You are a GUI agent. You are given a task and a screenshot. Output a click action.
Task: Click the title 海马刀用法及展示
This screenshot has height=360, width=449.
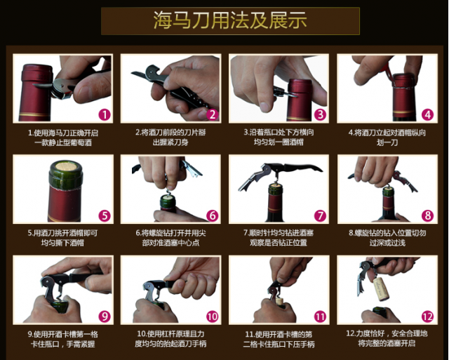230,20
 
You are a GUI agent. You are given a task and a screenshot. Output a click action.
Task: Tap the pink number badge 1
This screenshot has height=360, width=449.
105,115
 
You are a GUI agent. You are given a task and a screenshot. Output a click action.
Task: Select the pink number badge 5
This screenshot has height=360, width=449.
105,215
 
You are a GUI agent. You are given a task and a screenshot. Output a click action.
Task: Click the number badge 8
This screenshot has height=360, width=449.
428,215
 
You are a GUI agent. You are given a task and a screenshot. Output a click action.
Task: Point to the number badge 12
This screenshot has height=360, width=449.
427,316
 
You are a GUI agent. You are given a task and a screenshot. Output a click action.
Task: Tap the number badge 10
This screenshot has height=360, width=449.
212,316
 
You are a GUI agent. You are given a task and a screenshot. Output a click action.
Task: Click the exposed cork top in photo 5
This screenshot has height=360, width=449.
65,166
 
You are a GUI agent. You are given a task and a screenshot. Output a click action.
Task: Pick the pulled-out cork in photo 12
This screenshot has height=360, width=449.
381,288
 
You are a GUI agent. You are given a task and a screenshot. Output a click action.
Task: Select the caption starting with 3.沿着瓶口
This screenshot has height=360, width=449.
279,137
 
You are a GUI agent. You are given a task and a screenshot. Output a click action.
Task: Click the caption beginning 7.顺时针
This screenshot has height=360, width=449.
279,238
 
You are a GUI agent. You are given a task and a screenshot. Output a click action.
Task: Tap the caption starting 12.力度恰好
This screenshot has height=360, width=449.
387,338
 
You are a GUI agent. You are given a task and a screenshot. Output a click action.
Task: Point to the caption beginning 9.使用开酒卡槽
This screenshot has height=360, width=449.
63,339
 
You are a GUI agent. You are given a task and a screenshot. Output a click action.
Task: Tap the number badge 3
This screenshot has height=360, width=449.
320,115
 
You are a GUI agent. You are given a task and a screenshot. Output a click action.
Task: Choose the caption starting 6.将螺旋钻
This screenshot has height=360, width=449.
170,238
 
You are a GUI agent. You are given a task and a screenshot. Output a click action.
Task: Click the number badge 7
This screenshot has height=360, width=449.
320,215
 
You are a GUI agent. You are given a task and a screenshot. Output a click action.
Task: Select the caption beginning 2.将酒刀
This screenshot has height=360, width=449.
170,137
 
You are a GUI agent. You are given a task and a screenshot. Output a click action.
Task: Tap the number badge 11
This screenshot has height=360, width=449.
320,316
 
